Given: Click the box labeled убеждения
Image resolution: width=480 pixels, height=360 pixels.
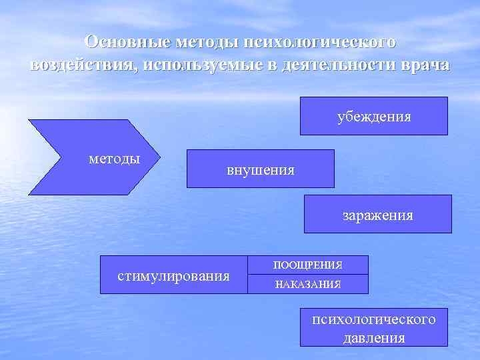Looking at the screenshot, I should point(373,116).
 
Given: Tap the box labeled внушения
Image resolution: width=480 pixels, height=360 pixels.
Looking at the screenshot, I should point(260,169).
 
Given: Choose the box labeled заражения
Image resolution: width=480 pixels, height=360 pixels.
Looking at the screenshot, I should point(377,214).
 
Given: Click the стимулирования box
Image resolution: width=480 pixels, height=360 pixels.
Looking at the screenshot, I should point(173,275).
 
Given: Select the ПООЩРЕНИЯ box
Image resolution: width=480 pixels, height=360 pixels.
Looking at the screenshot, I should point(307,265).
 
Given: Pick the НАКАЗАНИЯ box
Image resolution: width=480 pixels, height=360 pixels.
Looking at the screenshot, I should point(307,284).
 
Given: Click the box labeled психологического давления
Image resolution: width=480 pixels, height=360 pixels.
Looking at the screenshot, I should point(373,327).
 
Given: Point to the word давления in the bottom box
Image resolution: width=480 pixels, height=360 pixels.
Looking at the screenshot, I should point(374,337).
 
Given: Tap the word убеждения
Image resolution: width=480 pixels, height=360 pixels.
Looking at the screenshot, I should point(373,117).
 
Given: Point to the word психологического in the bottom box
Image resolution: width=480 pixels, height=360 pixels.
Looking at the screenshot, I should point(374,319).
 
